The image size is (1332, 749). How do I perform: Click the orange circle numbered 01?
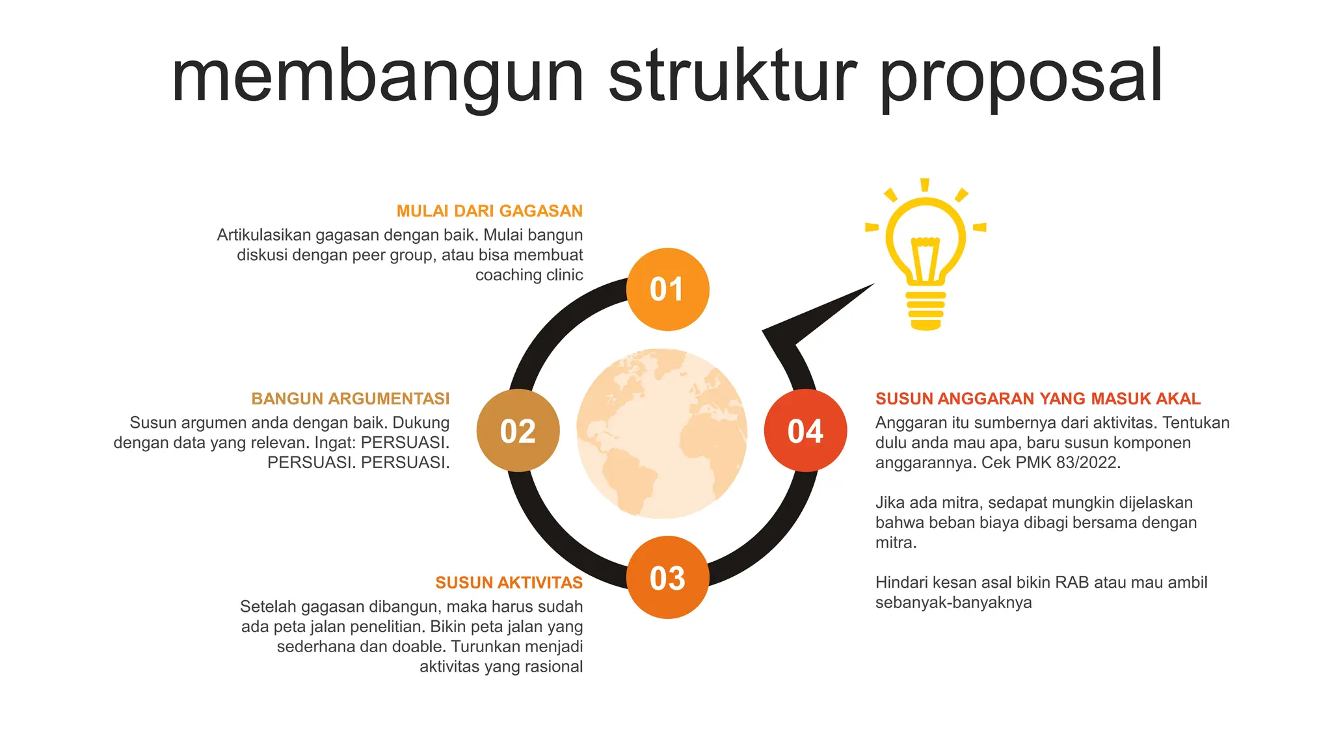[x=667, y=289]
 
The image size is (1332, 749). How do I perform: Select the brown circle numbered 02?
[x=518, y=430]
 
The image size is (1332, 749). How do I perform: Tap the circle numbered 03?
[x=667, y=577]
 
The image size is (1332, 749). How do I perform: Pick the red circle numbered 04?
[x=805, y=430]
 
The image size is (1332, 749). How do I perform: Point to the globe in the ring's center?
[x=662, y=433]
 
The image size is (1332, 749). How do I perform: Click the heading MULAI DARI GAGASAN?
[x=489, y=211]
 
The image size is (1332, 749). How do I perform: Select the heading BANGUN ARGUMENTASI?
[x=351, y=399]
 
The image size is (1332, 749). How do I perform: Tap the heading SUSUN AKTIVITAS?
[x=509, y=583]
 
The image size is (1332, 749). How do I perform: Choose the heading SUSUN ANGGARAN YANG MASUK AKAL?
[x=1037, y=399]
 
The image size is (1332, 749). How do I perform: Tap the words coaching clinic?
[x=529, y=275]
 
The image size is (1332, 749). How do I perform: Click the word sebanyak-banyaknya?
[x=953, y=603]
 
